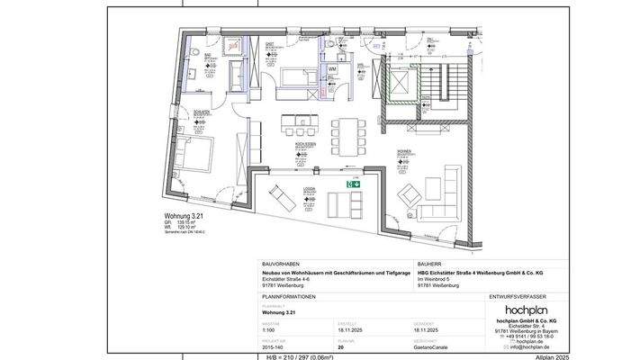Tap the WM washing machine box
pos(331,68)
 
